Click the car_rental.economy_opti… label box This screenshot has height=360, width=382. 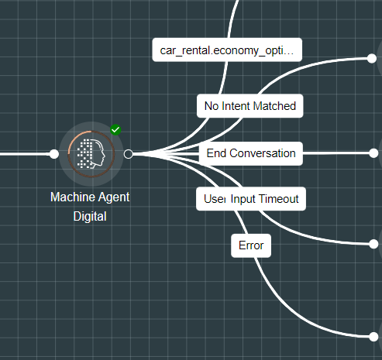pyautogui.click(x=227, y=50)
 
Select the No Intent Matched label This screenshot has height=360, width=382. pyautogui.click(x=250, y=106)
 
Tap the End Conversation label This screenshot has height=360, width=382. pyautogui.click(x=251, y=153)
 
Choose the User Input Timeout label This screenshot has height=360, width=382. pyautogui.click(x=251, y=199)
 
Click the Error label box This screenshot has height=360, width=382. pyautogui.click(x=251, y=245)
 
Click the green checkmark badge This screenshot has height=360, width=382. pyautogui.click(x=115, y=129)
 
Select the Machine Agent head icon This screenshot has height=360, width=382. pyautogui.click(x=91, y=154)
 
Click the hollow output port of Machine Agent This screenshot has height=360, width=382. pyautogui.click(x=129, y=154)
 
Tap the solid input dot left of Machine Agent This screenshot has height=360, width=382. pyautogui.click(x=54, y=154)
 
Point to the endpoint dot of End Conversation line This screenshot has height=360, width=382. pyautogui.click(x=373, y=153)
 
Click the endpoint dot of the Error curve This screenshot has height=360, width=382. pyautogui.click(x=373, y=337)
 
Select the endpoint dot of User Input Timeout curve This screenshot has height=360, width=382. pyautogui.click(x=373, y=244)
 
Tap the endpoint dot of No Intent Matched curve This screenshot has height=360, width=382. pyautogui.click(x=372, y=58)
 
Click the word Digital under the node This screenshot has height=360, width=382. pyautogui.click(x=90, y=216)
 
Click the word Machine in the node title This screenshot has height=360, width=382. pyautogui.click(x=73, y=197)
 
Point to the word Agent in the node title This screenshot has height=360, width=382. pyautogui.click(x=114, y=197)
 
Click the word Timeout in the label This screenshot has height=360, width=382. pyautogui.click(x=279, y=199)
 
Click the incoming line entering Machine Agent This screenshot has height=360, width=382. pyautogui.click(x=25, y=154)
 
